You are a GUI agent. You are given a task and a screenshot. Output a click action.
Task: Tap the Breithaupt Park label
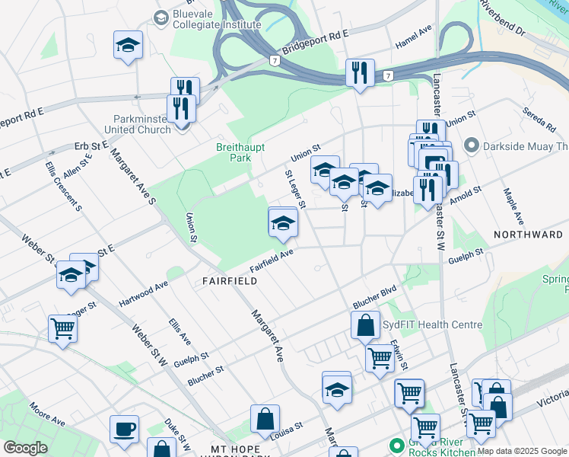click(x=233, y=152)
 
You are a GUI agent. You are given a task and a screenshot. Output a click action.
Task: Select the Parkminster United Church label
click(x=142, y=124)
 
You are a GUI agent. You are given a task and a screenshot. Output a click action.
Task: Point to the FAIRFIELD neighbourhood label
click(x=229, y=281)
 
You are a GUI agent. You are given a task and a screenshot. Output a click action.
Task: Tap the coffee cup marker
click(x=124, y=430)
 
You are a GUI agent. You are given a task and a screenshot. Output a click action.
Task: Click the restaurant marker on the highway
click(x=359, y=73)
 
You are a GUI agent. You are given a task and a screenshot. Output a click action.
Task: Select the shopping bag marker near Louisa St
click(x=265, y=419)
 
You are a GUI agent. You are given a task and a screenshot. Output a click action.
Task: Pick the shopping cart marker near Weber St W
click(x=62, y=329)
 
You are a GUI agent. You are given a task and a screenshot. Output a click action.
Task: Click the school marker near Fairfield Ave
click(x=283, y=222)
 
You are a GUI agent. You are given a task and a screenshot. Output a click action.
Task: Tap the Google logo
click(x=25, y=448)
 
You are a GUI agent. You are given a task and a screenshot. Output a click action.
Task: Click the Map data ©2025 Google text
click(x=522, y=451)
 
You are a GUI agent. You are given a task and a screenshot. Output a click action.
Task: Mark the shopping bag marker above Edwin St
click(x=365, y=325)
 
